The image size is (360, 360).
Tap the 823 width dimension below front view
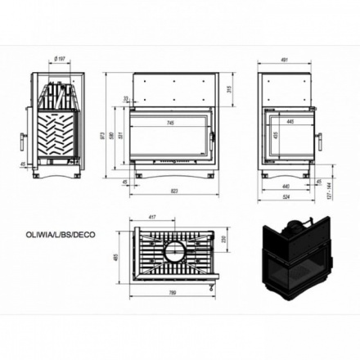point(174,191)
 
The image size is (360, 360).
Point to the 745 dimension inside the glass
point(169,123)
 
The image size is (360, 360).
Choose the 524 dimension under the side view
point(286,197)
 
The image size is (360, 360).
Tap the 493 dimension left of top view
point(118,259)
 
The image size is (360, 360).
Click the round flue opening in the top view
point(174,250)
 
